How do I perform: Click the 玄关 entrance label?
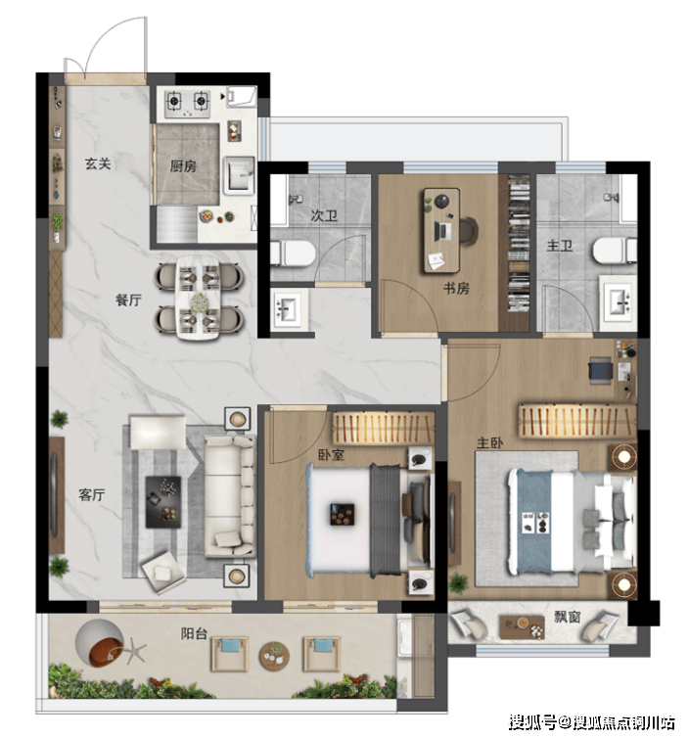[x=98, y=164]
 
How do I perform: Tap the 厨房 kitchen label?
[x=183, y=165]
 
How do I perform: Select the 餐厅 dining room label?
[x=128, y=300]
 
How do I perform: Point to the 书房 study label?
[x=456, y=288]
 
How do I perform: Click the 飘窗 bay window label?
[x=568, y=617]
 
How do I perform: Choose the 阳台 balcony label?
[x=194, y=633]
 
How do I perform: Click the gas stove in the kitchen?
[x=187, y=103]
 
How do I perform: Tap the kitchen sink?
[x=240, y=176]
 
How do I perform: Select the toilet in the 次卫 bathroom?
[x=294, y=254]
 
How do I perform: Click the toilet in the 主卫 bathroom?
[x=615, y=251]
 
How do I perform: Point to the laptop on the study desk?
[x=443, y=231]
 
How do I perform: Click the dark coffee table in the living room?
[x=163, y=501]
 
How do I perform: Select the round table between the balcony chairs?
[x=274, y=656]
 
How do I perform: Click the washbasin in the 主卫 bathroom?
[x=618, y=302]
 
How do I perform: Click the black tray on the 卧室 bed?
[x=343, y=515]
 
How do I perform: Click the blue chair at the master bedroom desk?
[x=600, y=369]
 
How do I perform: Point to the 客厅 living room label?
[x=91, y=495]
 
